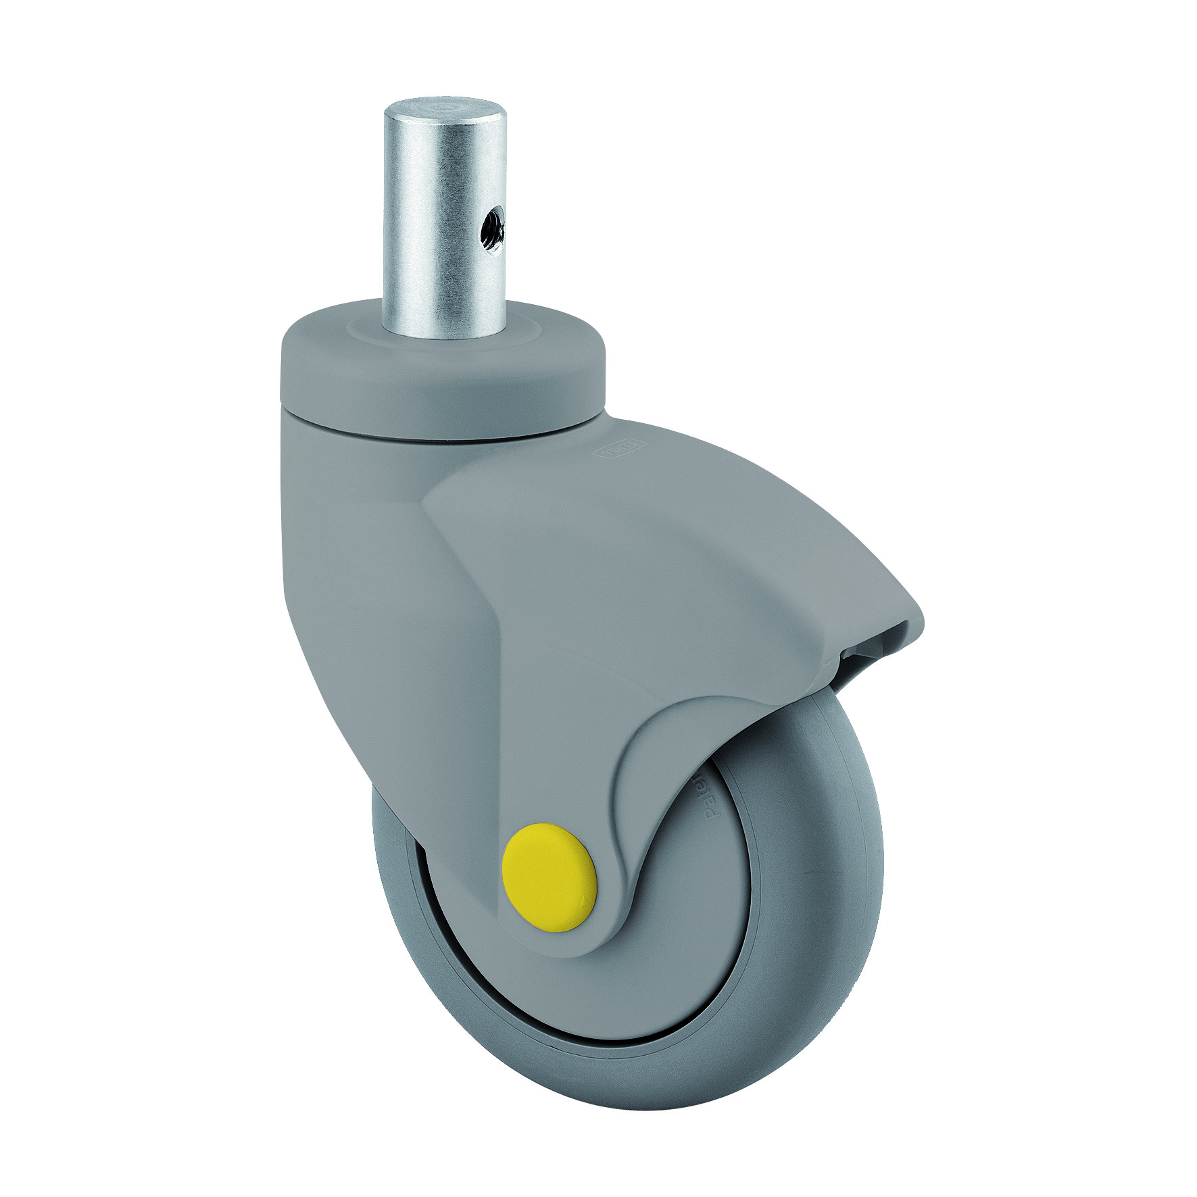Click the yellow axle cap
click(x=549, y=877)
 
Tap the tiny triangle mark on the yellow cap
click(x=581, y=901)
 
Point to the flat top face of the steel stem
click(x=445, y=107)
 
